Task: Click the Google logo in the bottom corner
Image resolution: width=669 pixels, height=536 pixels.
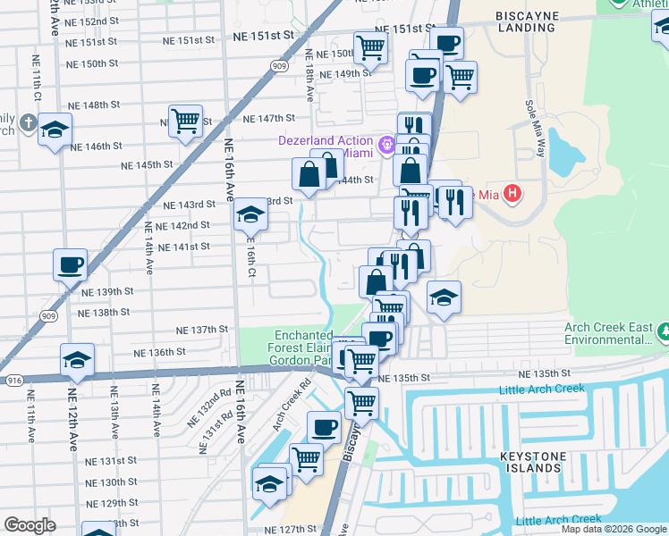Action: click(30, 525)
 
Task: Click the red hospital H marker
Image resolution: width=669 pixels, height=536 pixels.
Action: click(512, 192)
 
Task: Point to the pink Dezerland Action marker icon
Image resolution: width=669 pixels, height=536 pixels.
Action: click(387, 143)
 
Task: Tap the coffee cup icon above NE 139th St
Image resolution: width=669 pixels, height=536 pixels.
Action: click(70, 265)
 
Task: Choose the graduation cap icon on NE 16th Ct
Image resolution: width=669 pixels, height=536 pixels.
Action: click(250, 215)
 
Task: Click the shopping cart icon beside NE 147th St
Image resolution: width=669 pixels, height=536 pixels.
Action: click(184, 121)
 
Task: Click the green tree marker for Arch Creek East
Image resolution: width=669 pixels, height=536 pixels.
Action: click(663, 333)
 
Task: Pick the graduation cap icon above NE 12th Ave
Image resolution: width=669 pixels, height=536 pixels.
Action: click(77, 360)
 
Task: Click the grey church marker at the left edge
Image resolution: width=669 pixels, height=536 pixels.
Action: click(28, 122)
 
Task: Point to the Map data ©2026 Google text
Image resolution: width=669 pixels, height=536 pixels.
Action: click(613, 529)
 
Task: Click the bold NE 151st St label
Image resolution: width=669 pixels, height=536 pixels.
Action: click(263, 35)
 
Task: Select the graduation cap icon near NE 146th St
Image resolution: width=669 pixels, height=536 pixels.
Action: click(55, 130)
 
